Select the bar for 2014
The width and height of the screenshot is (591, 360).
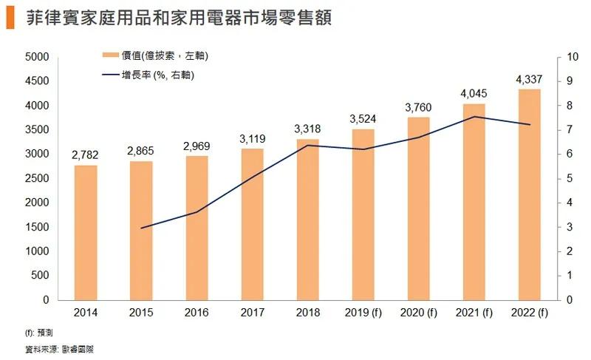coord(85,232)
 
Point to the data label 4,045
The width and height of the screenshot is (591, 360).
coord(474,94)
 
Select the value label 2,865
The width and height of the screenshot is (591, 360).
coord(140,152)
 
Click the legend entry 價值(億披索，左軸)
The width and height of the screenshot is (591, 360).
coord(151,56)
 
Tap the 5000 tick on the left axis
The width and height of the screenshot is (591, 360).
coord(37,57)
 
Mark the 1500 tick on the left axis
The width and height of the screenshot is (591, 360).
coord(37,227)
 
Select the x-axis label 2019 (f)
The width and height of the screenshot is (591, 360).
coord(363,313)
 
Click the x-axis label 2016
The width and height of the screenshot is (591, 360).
coord(197,313)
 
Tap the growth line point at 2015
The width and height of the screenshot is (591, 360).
coord(140,228)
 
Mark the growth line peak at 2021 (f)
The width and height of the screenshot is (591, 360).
coord(474,117)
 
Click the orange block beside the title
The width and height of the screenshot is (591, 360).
coord(10,18)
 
